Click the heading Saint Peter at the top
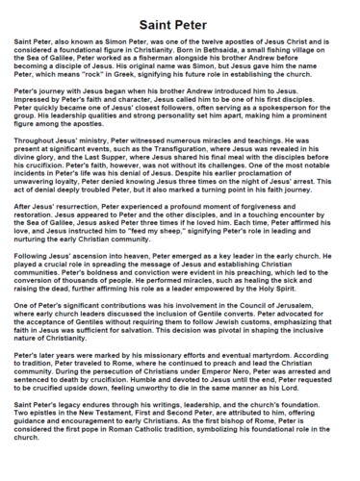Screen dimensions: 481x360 180,20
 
